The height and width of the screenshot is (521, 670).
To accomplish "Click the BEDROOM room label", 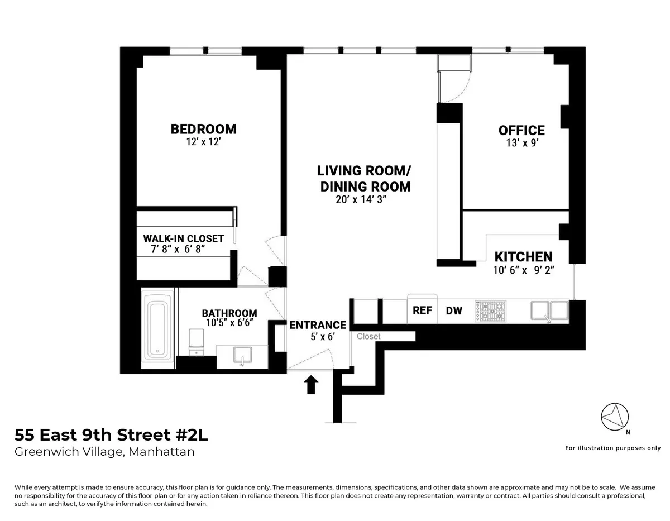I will tap(203, 129).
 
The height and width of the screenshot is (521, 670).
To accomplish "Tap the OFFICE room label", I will tap(521, 131).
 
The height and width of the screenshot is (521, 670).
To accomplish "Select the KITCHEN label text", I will tap(523, 257).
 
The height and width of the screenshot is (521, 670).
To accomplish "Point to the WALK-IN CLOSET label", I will tap(183, 238).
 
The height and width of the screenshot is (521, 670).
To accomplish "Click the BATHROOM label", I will tap(229, 313).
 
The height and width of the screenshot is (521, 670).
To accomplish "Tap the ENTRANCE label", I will tap(318, 325).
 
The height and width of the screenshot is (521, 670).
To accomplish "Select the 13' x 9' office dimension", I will tap(521, 144).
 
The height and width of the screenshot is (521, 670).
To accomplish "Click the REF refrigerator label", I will tap(422, 310).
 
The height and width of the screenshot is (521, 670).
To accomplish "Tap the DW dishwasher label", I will tap(454, 310).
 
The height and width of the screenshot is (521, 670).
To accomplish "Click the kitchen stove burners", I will tap(490, 311).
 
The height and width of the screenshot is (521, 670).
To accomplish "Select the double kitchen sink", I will tap(549, 310).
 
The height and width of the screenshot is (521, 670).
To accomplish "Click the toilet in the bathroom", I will tap(197, 341).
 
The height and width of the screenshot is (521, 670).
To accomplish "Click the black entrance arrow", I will tap(311, 384).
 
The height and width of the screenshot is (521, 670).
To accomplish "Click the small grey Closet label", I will tap(368, 336).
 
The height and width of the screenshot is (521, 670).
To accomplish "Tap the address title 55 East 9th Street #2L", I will tap(111, 434).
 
